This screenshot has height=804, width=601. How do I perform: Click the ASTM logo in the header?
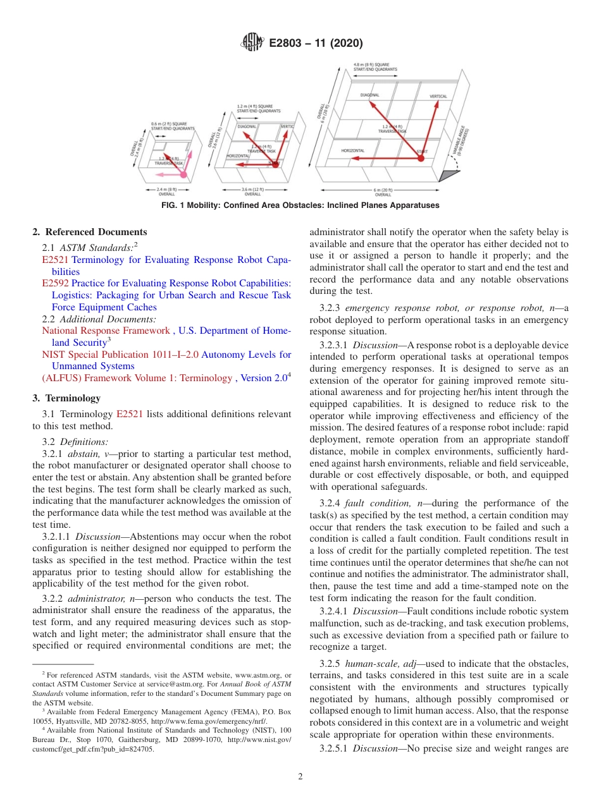click(x=252, y=44)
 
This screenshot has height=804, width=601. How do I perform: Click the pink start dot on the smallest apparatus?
click(x=183, y=174)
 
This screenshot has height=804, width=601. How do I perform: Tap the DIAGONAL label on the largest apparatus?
click(x=370, y=95)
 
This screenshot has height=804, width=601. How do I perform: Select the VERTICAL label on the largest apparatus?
click(x=438, y=97)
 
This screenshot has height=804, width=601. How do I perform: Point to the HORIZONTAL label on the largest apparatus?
click(x=353, y=150)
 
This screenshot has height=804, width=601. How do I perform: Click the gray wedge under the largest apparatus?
click(x=452, y=174)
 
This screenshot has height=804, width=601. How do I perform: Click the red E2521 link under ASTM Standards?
click(x=55, y=260)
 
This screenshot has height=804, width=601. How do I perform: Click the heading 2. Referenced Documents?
click(x=90, y=232)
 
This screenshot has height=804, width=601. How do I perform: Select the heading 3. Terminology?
click(x=66, y=398)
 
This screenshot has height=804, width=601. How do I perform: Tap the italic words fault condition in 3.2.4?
click(x=380, y=503)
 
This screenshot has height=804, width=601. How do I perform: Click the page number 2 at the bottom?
click(x=300, y=777)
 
